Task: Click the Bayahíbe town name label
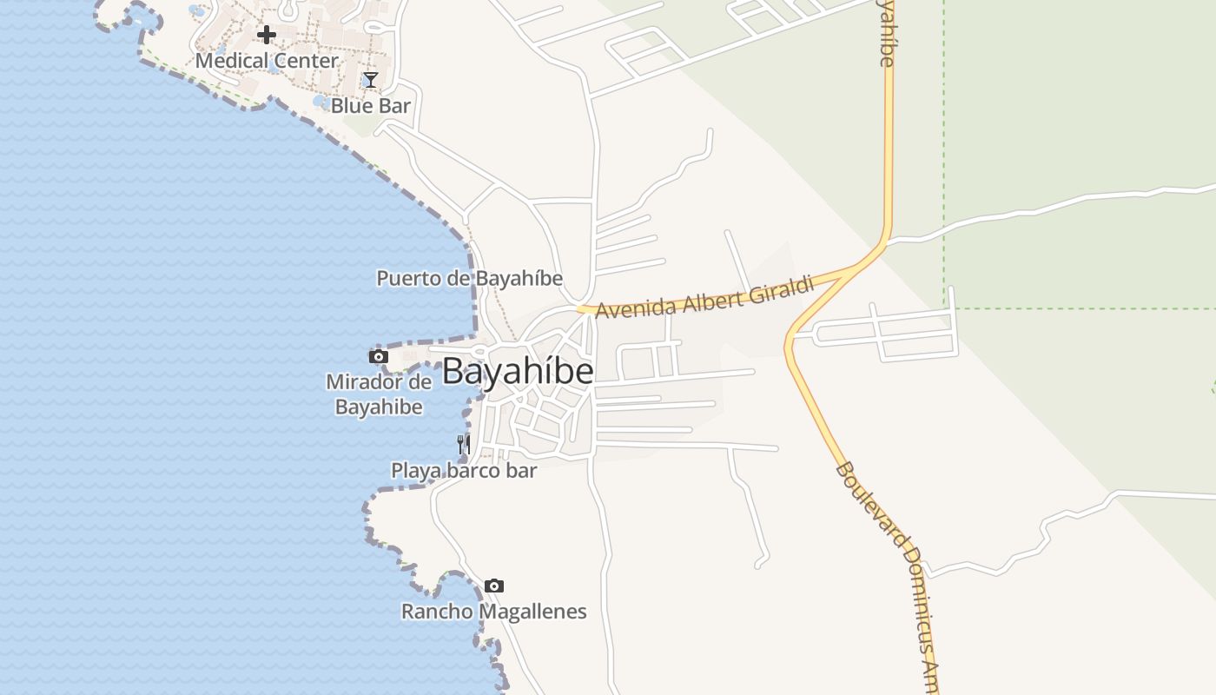click(x=518, y=372)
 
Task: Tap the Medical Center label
click(x=267, y=61)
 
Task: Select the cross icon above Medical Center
click(x=267, y=35)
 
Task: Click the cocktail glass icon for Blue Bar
click(x=371, y=80)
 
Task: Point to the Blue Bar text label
click(x=371, y=106)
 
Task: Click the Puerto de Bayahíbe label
click(x=469, y=279)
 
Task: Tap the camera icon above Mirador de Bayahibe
click(x=379, y=356)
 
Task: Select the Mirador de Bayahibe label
click(x=379, y=394)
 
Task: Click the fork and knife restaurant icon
click(x=464, y=445)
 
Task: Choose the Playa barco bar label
click(x=464, y=471)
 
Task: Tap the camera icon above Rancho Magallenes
click(x=494, y=586)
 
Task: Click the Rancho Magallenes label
click(x=493, y=612)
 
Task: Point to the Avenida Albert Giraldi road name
click(x=704, y=297)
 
